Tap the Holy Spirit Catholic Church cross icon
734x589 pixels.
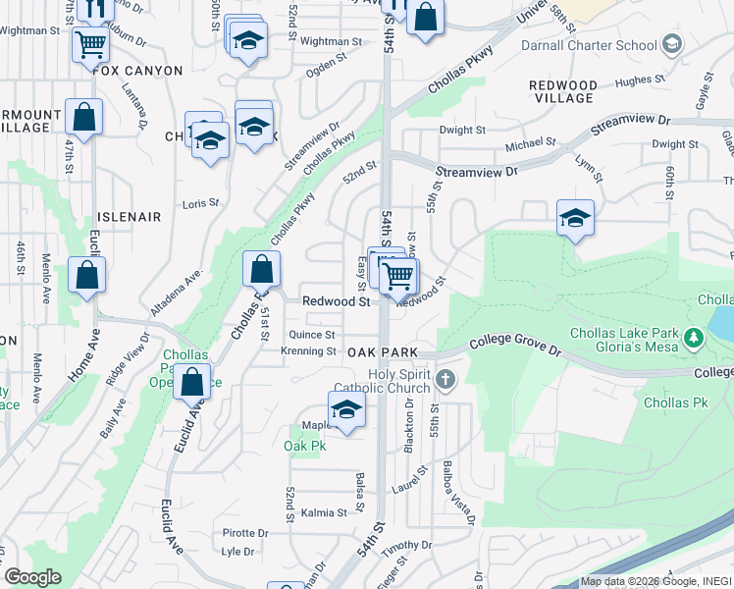click(x=446, y=379)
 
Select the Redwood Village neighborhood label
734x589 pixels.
click(x=562, y=91)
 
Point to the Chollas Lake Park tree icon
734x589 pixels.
click(x=695, y=338)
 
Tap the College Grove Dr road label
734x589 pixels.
click(x=514, y=343)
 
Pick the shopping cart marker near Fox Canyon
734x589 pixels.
click(x=89, y=42)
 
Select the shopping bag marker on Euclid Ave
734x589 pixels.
click(x=192, y=382)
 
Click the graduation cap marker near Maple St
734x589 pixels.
click(x=346, y=409)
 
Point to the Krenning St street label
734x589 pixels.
click(x=308, y=350)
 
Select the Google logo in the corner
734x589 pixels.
click(x=32, y=577)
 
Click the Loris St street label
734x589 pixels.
click(x=200, y=203)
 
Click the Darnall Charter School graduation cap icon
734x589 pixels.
click(x=672, y=44)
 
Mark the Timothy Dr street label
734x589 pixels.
click(x=400, y=546)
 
